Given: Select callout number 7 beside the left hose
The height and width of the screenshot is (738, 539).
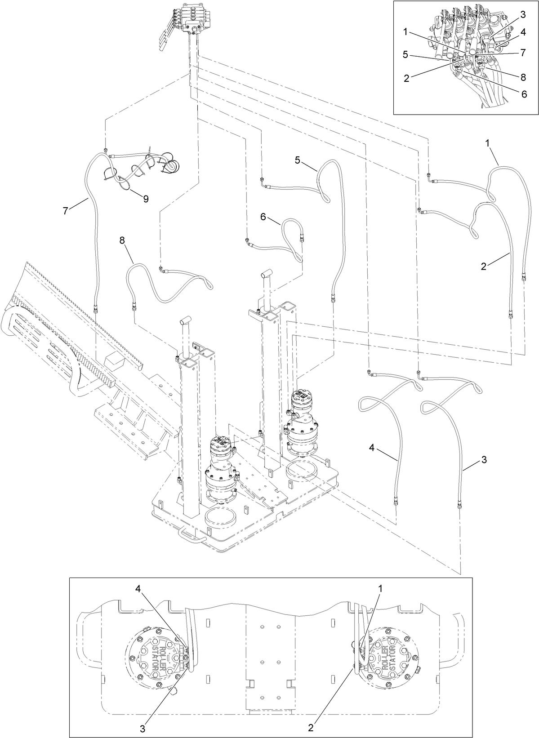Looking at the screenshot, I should point(66,210).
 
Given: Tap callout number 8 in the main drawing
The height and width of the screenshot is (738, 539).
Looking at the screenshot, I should point(122,240).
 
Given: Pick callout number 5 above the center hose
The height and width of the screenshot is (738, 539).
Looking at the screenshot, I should point(298,160).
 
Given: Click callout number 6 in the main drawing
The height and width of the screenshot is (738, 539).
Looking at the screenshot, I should point(264,216).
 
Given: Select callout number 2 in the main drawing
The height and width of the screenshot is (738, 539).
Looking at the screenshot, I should point(484,266).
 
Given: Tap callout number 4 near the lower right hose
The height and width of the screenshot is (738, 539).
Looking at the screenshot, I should point(372,447).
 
